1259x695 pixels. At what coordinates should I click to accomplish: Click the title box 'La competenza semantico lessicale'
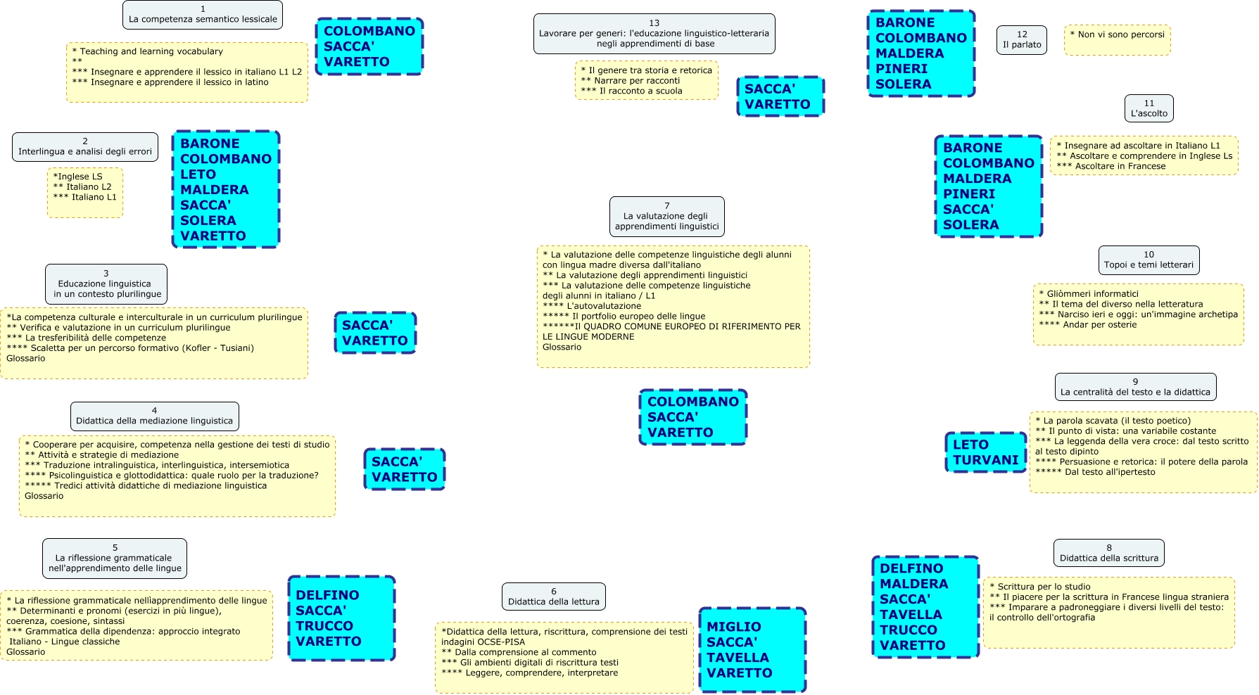pyautogui.click(x=203, y=15)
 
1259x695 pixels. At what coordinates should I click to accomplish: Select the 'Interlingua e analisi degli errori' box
pyautogui.click(x=85, y=147)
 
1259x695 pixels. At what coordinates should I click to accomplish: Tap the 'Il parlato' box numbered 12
pyautogui.click(x=1022, y=40)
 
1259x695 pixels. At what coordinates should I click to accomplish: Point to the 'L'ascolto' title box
pyautogui.click(x=1149, y=109)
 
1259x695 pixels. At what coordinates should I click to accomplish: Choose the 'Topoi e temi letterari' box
pyautogui.click(x=1149, y=260)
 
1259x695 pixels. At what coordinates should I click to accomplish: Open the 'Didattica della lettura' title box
pyautogui.click(x=554, y=597)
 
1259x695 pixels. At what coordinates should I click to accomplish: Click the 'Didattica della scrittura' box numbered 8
pyautogui.click(x=1109, y=554)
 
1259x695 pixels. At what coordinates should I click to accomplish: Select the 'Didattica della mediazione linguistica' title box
pyautogui.click(x=154, y=416)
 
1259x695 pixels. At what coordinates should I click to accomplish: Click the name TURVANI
pyautogui.click(x=985, y=460)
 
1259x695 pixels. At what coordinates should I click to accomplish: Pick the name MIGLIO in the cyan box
pyautogui.click(x=733, y=627)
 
